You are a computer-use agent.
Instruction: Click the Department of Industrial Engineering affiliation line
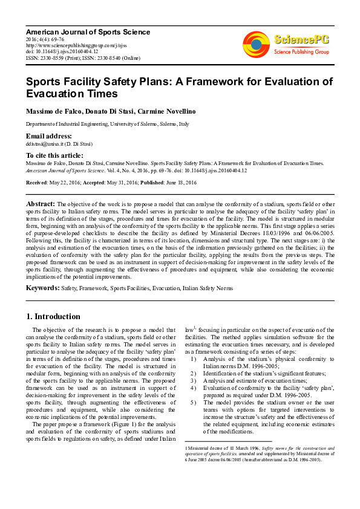tap(107, 124)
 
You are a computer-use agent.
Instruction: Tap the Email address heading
tap(48, 137)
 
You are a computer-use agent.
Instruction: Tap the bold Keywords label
tap(42, 288)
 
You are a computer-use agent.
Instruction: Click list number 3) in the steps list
tap(193, 381)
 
